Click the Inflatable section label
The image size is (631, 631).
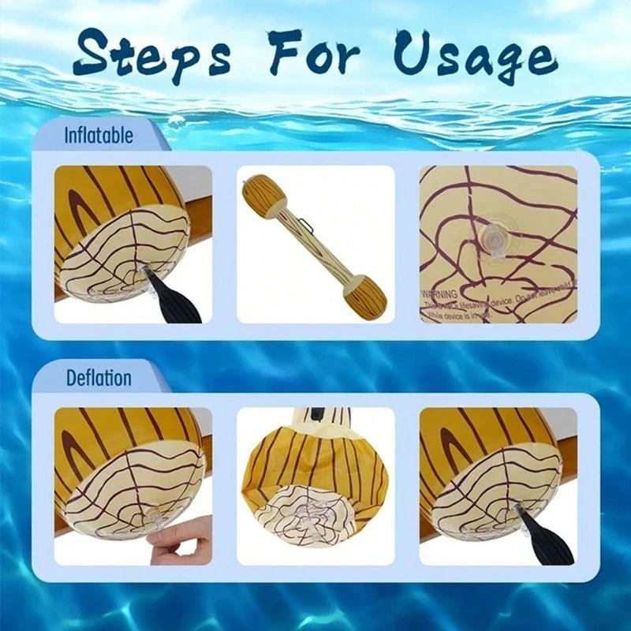99,135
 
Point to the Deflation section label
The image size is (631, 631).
99,377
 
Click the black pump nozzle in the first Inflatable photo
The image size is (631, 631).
178,300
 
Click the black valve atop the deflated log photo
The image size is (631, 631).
315,413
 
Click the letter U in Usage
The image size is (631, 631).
418,57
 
